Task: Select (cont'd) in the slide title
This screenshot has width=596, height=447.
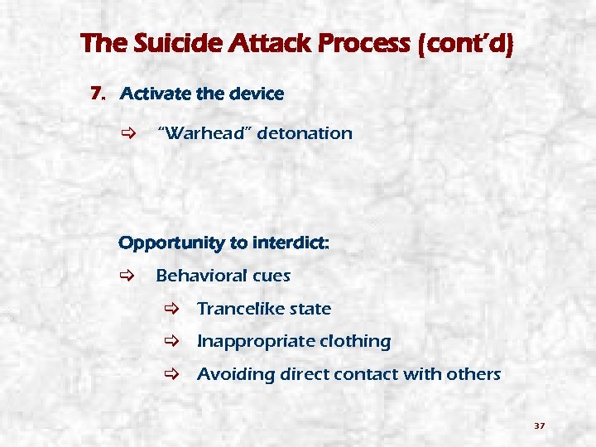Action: click(467, 44)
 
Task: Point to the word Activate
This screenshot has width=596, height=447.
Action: click(155, 94)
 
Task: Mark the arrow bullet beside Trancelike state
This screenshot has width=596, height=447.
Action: click(169, 309)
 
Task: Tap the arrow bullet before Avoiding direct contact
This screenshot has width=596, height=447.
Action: click(169, 374)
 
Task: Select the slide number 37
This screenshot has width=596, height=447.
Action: click(539, 426)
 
